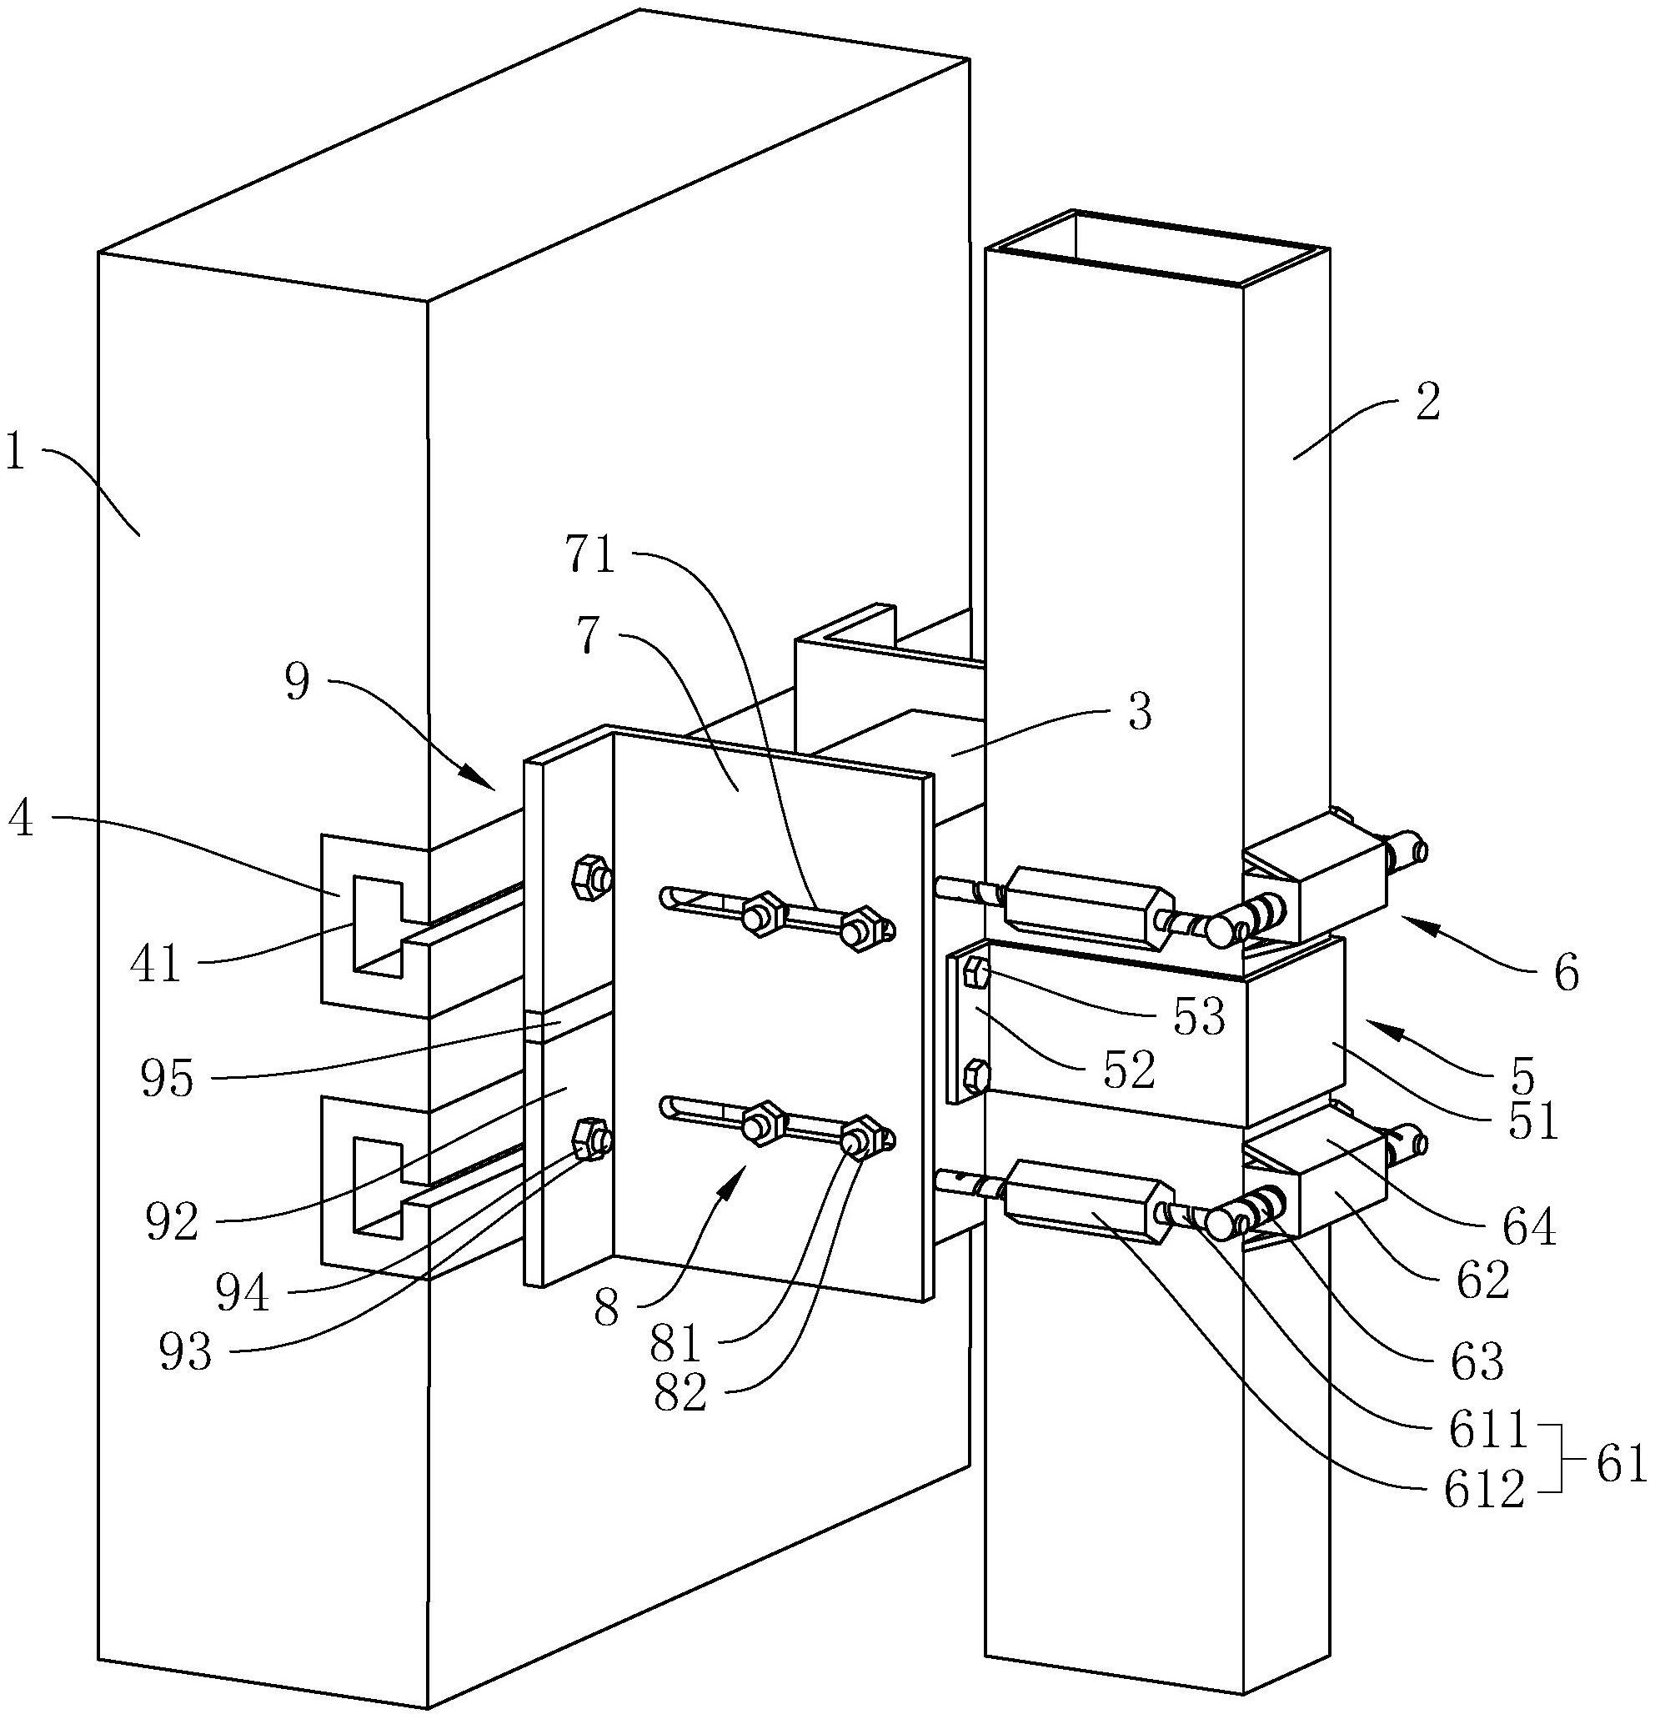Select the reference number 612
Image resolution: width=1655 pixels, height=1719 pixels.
tap(1482, 1491)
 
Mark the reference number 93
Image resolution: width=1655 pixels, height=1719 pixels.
tap(185, 1353)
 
